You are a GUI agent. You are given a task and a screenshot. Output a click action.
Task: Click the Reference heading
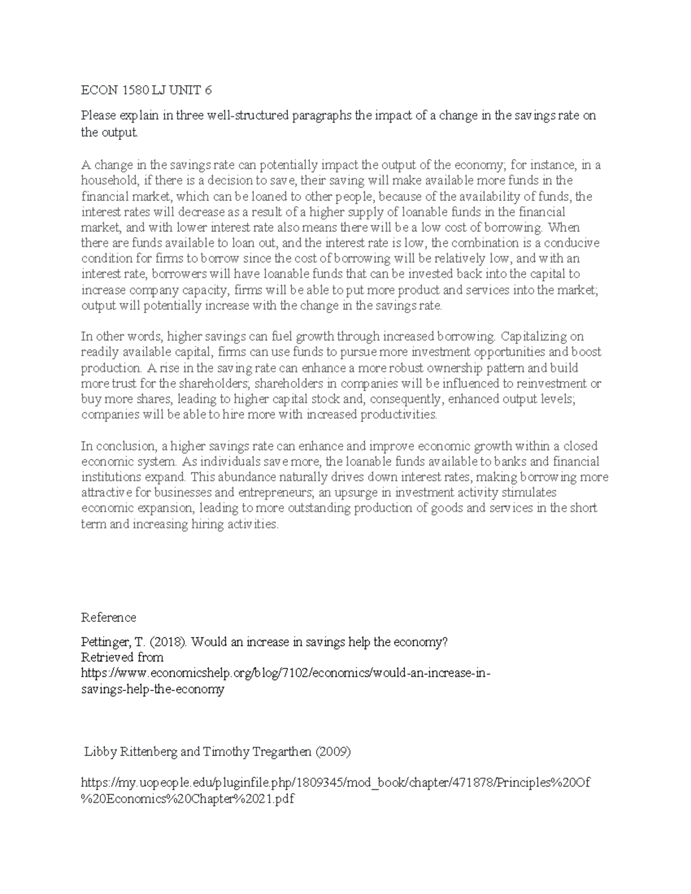point(108,618)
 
